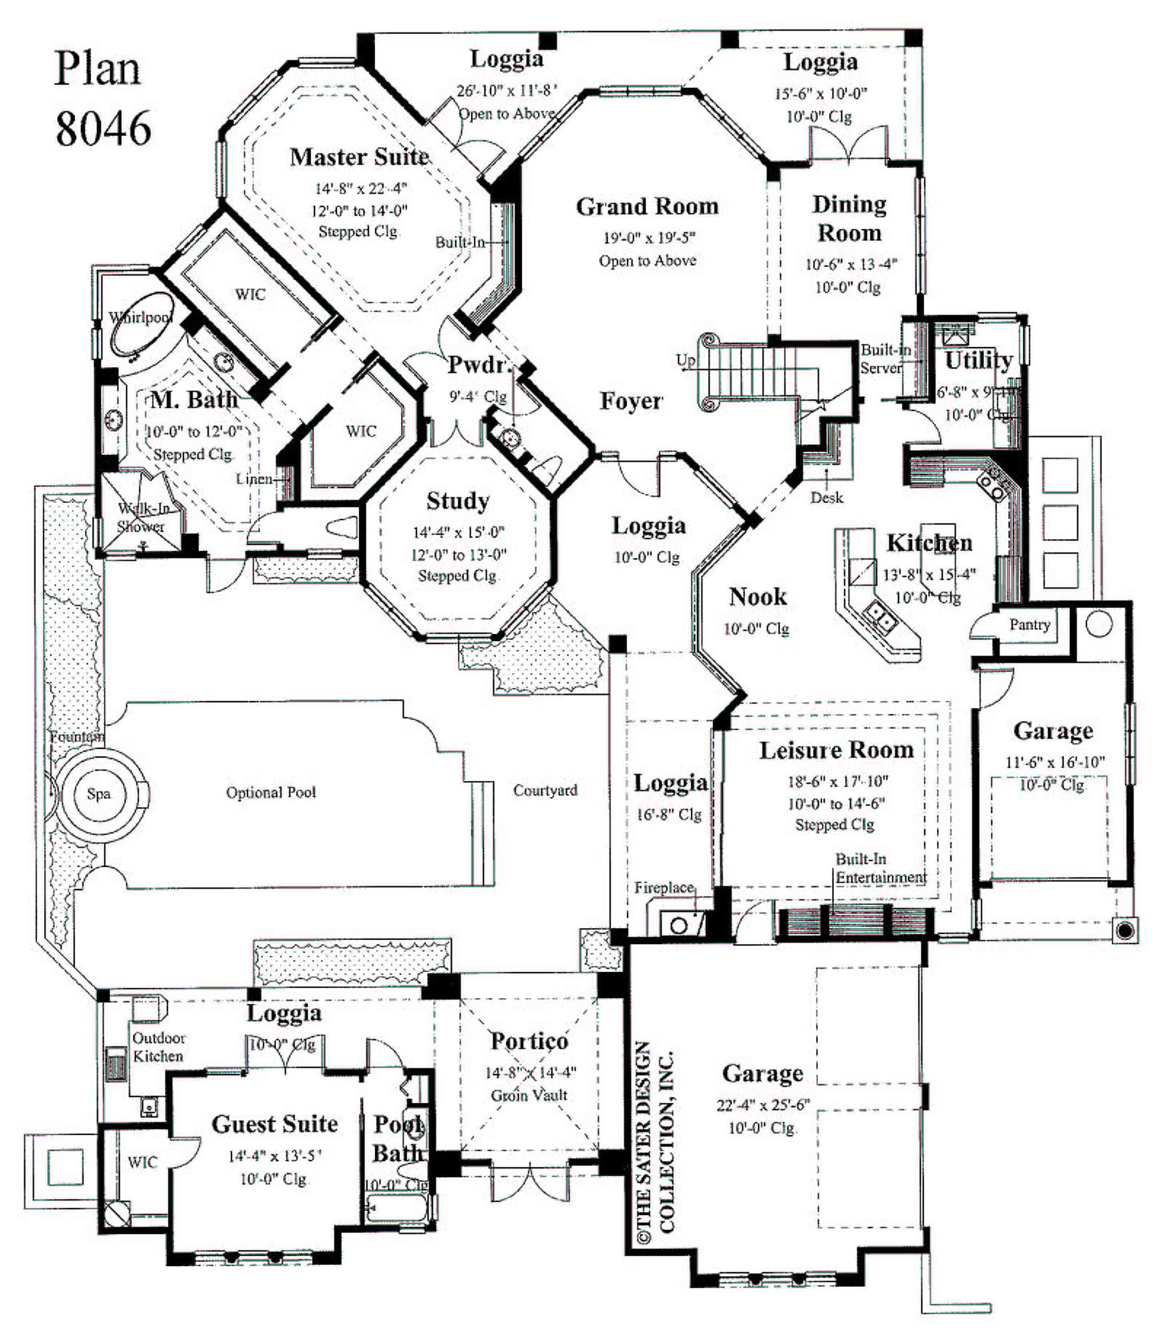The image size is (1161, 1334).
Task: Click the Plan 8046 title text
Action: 102,98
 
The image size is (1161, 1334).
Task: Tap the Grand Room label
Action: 647,207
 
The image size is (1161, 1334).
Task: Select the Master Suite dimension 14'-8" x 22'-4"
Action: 360,188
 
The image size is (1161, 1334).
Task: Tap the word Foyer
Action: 630,401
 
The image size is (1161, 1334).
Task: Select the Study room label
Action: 458,501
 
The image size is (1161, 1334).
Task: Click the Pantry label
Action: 1029,625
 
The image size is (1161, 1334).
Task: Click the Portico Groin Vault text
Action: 529,1095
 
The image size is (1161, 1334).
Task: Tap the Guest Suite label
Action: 275,1124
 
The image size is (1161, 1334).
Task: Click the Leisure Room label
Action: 836,750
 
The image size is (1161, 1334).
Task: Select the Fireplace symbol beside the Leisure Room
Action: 680,924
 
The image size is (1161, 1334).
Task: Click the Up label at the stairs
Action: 685,359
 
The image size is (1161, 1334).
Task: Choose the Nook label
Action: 757,597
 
